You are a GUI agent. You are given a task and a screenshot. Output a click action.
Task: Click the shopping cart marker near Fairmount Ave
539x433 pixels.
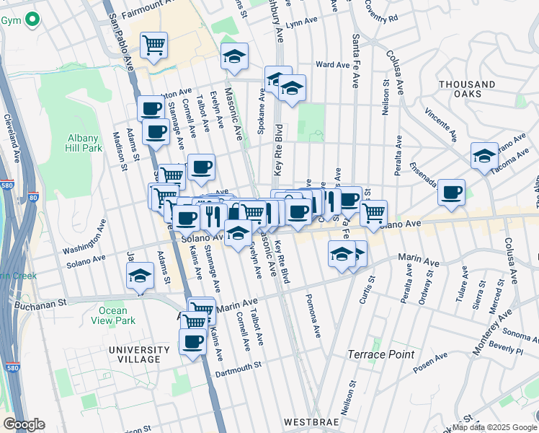(153, 45)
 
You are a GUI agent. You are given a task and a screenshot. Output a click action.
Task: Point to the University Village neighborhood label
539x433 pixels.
(135, 354)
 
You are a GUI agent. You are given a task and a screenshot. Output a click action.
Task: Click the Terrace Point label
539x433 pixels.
(380, 354)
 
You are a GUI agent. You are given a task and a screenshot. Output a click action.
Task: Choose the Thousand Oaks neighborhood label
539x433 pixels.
(466, 90)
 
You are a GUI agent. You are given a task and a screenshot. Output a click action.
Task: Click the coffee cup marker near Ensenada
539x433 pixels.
(451, 193)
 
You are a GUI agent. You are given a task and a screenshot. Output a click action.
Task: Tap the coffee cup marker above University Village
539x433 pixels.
(192, 342)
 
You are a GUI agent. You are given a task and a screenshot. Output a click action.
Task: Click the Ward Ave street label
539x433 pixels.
(332, 65)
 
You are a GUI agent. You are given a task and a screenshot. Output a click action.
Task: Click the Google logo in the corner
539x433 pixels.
(24, 424)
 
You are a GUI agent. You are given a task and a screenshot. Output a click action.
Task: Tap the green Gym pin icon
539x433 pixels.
(31, 20)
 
